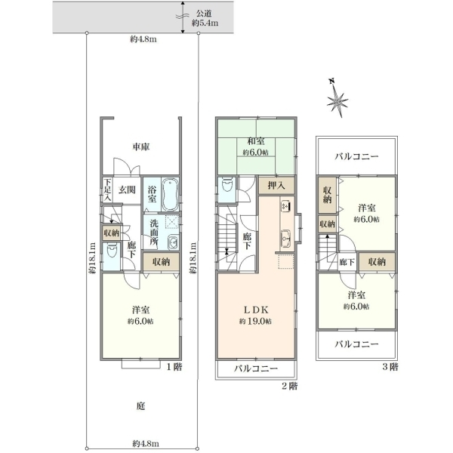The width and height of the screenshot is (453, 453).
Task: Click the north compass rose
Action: pyautogui.click(x=337, y=99)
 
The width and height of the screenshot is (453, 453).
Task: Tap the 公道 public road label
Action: pyautogui.click(x=205, y=14)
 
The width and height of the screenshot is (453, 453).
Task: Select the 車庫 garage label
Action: pyautogui.click(x=141, y=146)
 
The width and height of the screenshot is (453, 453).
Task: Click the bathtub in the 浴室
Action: pyautogui.click(x=170, y=195)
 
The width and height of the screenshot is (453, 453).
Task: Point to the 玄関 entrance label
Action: pyautogui.click(x=127, y=190)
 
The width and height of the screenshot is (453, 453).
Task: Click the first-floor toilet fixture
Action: pyautogui.click(x=112, y=250)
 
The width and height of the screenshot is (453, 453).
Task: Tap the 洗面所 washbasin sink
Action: pyautogui.click(x=173, y=242)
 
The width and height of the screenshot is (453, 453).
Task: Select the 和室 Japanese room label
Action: pyautogui.click(x=256, y=141)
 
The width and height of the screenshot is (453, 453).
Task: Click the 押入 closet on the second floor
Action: pyautogui.click(x=276, y=186)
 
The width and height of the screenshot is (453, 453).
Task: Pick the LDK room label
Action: pyautogui.click(x=256, y=310)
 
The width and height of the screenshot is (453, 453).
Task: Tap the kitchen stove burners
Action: pyautogui.click(x=285, y=206)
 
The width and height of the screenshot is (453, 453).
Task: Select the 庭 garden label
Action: pyautogui.click(x=140, y=406)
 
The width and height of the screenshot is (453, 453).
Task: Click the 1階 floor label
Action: pyautogui.click(x=174, y=367)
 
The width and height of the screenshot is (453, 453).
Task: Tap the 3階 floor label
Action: pyautogui.click(x=390, y=367)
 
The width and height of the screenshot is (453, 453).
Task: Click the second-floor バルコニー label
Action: pyautogui.click(x=256, y=368)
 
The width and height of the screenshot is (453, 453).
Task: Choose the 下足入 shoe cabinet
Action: pyautogui.click(x=107, y=190)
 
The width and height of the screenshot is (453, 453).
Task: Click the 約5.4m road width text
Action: pyautogui.click(x=205, y=23)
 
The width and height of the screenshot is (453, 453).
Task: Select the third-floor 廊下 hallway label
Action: pyautogui.click(x=347, y=262)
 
